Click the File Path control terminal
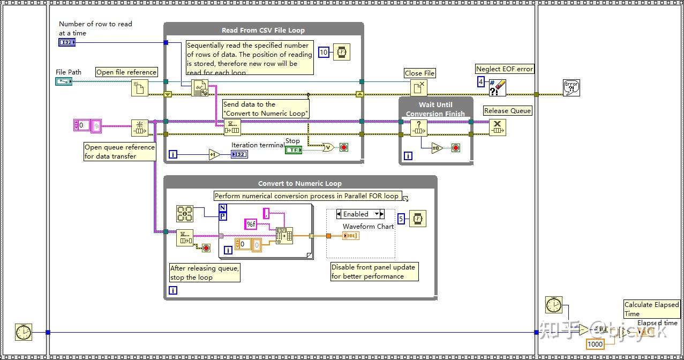(63, 81)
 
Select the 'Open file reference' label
(126, 72)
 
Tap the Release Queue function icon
(497, 127)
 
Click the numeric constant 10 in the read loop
(324, 52)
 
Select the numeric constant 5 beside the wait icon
(401, 218)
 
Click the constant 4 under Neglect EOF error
(481, 82)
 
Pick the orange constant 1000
(595, 344)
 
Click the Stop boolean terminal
(293, 150)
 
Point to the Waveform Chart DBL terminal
(351, 236)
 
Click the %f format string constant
(251, 224)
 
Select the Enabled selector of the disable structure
(360, 214)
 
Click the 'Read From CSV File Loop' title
(263, 31)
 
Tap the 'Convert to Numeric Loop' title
(299, 183)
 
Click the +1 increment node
(214, 154)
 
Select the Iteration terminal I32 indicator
(239, 154)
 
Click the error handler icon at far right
(572, 88)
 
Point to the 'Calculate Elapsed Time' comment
(651, 309)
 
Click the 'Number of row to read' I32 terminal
(67, 42)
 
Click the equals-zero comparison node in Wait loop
(437, 148)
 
